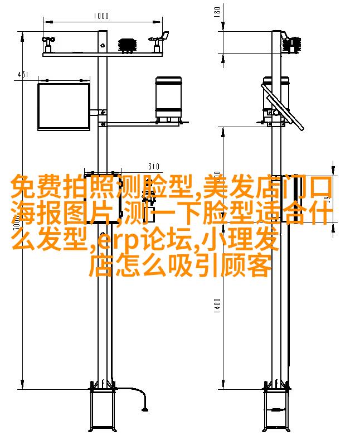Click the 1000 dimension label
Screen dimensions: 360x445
click(x=101, y=16)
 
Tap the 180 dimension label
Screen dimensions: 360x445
click(x=217, y=12)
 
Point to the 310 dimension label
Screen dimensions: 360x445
click(x=154, y=166)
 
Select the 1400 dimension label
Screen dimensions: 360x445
click(x=217, y=306)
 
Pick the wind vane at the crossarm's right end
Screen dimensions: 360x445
click(x=159, y=41)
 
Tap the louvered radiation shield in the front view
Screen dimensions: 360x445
click(x=128, y=45)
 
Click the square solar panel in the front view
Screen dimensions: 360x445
click(x=64, y=107)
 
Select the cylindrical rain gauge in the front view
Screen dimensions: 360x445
click(x=168, y=99)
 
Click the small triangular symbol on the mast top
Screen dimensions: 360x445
click(x=103, y=45)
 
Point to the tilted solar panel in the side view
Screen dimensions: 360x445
click(x=283, y=107)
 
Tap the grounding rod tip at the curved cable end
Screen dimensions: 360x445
click(x=145, y=409)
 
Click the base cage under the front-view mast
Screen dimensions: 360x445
click(x=103, y=409)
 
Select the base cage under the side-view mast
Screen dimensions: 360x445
click(x=277, y=409)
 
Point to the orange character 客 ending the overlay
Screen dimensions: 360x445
click(x=259, y=265)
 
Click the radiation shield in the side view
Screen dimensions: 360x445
click(x=291, y=44)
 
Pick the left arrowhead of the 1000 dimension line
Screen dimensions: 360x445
click(x=47, y=22)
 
